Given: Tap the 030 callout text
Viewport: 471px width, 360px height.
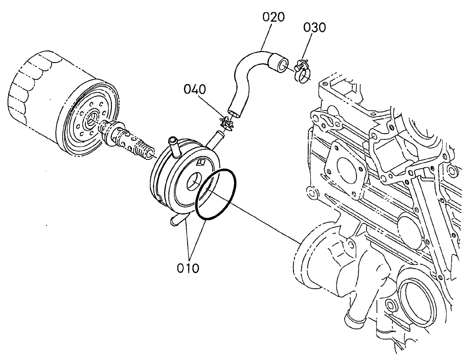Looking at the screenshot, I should coord(315,27).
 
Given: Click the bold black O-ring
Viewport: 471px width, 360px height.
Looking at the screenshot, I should coord(216,194).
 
